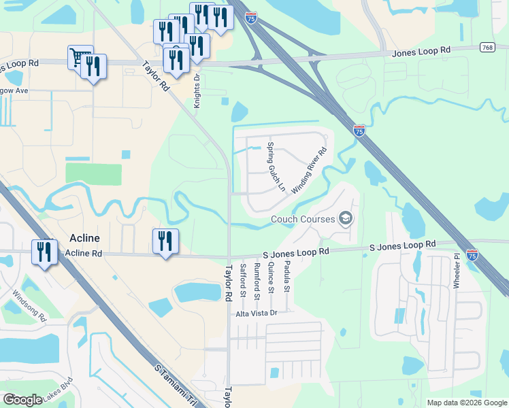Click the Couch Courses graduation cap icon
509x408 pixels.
(x=346, y=218)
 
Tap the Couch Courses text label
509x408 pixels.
(x=303, y=219)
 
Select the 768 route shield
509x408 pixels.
(x=487, y=47)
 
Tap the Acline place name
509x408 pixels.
(x=85, y=238)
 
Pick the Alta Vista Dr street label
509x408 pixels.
(x=257, y=313)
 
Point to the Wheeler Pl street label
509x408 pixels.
(x=457, y=273)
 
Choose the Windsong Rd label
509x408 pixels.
(x=30, y=306)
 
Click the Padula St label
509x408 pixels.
(x=287, y=277)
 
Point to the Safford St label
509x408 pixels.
(x=243, y=281)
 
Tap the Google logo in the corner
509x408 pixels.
(x=22, y=400)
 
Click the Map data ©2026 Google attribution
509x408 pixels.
(x=467, y=403)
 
